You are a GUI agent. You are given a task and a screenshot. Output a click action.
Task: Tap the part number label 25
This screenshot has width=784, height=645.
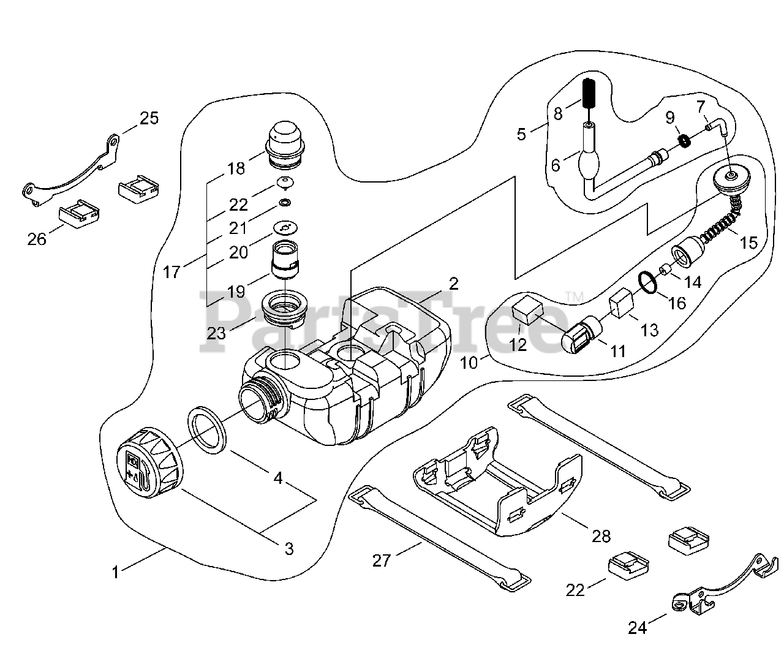click(149, 118)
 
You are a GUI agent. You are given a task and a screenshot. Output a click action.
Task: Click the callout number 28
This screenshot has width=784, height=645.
click(601, 536)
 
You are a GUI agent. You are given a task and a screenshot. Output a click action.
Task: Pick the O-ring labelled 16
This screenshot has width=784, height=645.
click(647, 282)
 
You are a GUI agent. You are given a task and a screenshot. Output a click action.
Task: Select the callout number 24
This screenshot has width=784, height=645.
click(637, 627)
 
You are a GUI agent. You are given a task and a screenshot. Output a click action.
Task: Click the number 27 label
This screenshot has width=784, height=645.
click(382, 560)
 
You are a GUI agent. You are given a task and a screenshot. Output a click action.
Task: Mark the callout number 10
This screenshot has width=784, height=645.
click(469, 362)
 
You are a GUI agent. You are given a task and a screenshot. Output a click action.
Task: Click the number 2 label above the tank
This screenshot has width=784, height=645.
click(453, 283)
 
